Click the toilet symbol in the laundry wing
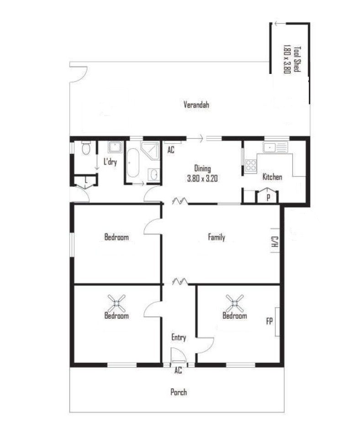pyautogui.click(x=86, y=148)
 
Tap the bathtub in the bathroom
pyautogui.click(x=133, y=163)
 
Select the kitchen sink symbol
pyautogui.click(x=275, y=147)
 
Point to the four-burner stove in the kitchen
pyautogui.click(x=251, y=165)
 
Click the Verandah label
pyautogui.click(x=196, y=105)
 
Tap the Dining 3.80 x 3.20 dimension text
pyautogui.click(x=202, y=178)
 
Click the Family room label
pyautogui.click(x=217, y=237)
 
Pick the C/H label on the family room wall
pyautogui.click(x=275, y=241)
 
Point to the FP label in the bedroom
pyautogui.click(x=270, y=321)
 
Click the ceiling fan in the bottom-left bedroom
pyautogui.click(x=116, y=303)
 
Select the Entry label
pyautogui.click(x=179, y=337)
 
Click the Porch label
pyautogui.click(x=179, y=392)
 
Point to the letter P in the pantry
pyautogui.click(x=268, y=197)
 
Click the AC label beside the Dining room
pyautogui.click(x=171, y=150)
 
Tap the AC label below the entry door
pyautogui.click(x=178, y=371)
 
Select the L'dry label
pyautogui.click(x=110, y=162)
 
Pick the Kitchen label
pyautogui.click(x=272, y=177)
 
